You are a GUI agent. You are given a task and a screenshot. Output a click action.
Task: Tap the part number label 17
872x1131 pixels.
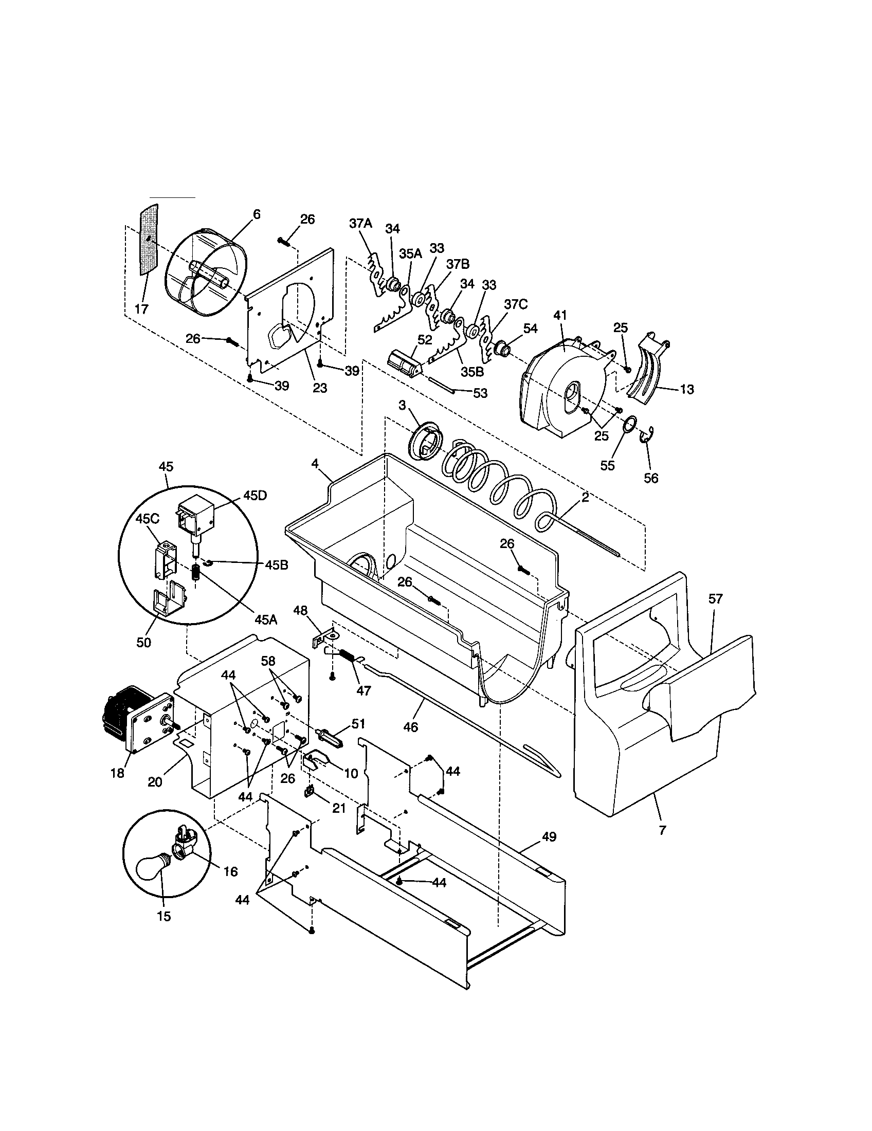pos(141,309)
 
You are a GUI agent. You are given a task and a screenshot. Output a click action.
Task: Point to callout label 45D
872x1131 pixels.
pos(255,495)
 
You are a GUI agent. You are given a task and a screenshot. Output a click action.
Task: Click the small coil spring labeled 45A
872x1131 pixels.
pos(196,573)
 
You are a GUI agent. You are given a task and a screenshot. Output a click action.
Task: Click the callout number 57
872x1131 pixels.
pos(715,598)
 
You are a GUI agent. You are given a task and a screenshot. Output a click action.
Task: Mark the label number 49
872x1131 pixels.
pos(549,836)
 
